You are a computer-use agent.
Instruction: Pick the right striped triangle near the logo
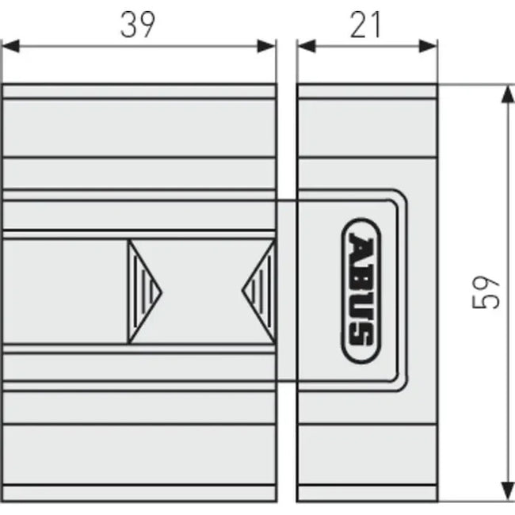259,291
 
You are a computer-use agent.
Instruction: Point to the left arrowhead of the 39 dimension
11,46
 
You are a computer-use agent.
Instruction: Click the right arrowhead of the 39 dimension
267,46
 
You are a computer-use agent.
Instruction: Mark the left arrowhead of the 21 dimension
307,46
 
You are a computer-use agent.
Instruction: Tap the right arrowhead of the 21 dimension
429,46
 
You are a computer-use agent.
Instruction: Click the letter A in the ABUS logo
361,246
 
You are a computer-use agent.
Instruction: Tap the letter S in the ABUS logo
361,333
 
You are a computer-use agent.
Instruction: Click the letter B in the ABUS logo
361,274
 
